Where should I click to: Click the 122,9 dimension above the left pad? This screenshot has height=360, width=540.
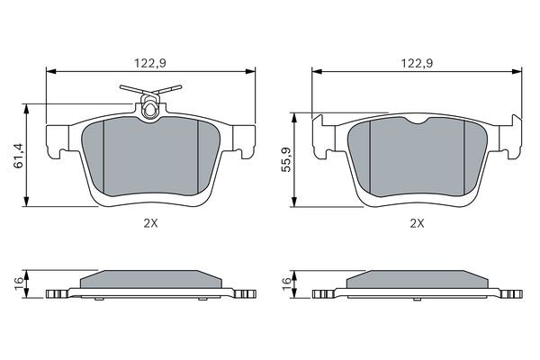point(150,63)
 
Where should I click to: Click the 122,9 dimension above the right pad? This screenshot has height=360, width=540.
point(417,63)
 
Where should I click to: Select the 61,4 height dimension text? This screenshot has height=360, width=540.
point(19,155)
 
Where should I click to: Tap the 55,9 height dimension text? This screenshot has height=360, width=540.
point(286,159)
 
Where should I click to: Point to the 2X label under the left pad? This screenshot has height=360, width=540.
point(150,223)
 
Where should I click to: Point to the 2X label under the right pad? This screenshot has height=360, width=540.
point(417,223)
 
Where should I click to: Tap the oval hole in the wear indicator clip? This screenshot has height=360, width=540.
point(149,111)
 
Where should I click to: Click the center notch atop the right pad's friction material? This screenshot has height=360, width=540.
point(417,121)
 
